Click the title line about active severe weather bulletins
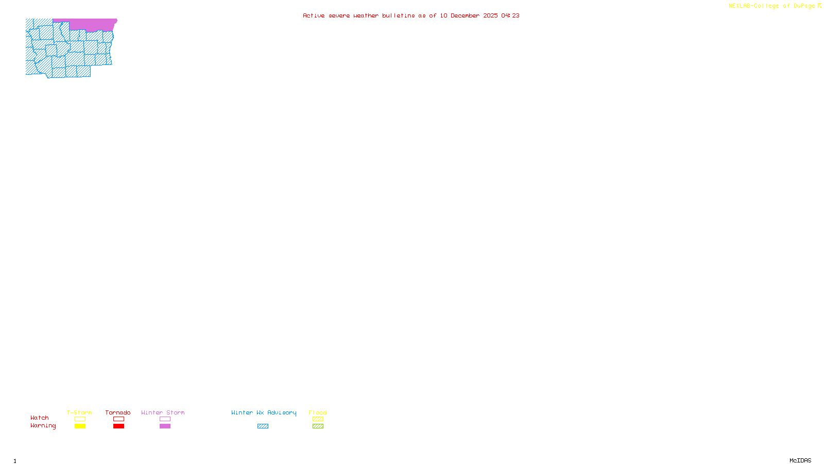point(411,16)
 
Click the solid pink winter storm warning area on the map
point(93,25)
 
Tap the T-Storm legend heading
point(79,412)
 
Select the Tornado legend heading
point(118,412)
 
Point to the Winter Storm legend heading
point(163,412)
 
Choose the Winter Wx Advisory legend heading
point(264,412)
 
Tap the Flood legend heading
point(318,412)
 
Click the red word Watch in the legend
point(40,418)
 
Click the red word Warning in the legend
point(43,426)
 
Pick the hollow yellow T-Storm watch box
point(80,419)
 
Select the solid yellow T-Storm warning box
point(80,426)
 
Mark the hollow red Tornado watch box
point(118,419)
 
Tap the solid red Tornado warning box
point(118,426)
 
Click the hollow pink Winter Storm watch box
point(165,419)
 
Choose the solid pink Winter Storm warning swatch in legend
point(165,426)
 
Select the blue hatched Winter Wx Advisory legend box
point(263,426)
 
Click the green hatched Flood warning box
point(318,426)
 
